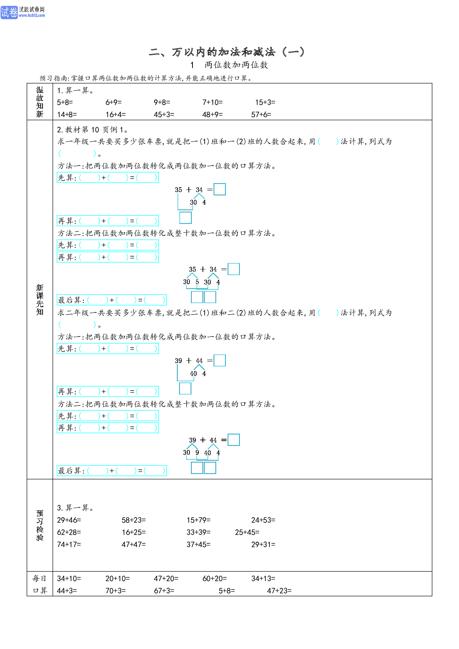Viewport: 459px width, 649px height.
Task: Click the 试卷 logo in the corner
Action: click(x=9, y=12)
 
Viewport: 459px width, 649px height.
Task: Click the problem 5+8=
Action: click(x=65, y=102)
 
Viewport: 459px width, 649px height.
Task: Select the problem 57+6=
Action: click(x=261, y=115)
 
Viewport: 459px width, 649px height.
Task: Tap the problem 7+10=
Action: click(x=212, y=102)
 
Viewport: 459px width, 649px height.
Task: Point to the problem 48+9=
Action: click(x=212, y=115)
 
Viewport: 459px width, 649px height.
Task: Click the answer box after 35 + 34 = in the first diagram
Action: click(x=220, y=189)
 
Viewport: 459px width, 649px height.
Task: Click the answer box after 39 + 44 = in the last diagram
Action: click(x=234, y=440)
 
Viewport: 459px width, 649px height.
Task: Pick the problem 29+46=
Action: click(x=69, y=520)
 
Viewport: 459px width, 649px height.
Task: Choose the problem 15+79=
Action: click(x=198, y=520)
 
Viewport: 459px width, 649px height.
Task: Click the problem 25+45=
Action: click(x=247, y=532)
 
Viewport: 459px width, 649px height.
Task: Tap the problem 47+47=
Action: click(x=134, y=545)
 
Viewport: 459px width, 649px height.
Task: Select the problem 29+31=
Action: click(x=263, y=545)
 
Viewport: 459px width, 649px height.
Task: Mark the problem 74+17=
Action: click(x=69, y=545)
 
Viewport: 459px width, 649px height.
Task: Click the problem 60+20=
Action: click(x=215, y=579)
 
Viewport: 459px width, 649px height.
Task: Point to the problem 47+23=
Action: click(x=279, y=591)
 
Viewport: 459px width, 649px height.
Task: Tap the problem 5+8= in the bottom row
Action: click(x=227, y=591)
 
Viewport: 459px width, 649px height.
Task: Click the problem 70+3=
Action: click(x=115, y=591)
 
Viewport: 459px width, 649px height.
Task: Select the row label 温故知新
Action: click(x=40, y=102)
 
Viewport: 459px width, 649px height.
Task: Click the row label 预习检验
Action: click(x=40, y=525)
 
